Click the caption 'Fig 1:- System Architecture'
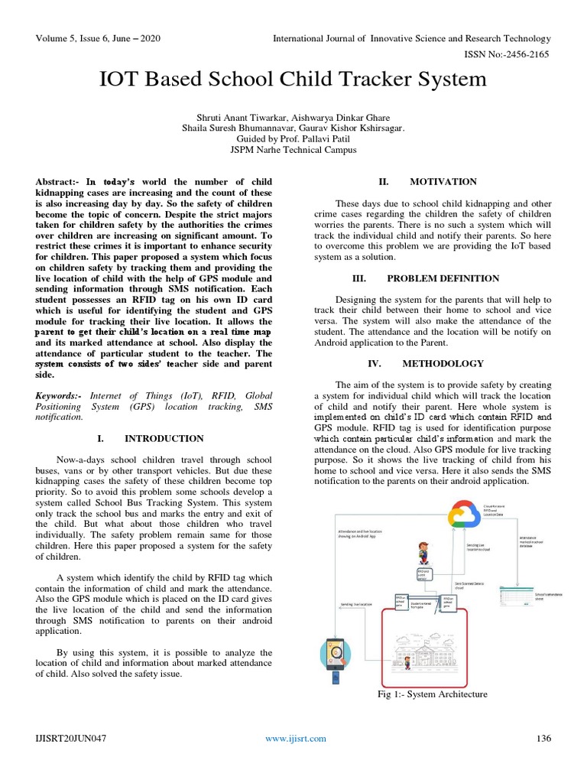(x=432, y=694)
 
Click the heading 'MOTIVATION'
(x=443, y=182)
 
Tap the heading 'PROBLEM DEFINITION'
(x=443, y=278)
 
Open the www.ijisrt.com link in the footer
(x=295, y=738)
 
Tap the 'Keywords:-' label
(x=60, y=396)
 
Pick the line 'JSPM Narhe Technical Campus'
(x=293, y=151)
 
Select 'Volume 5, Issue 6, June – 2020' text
(x=96, y=38)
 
